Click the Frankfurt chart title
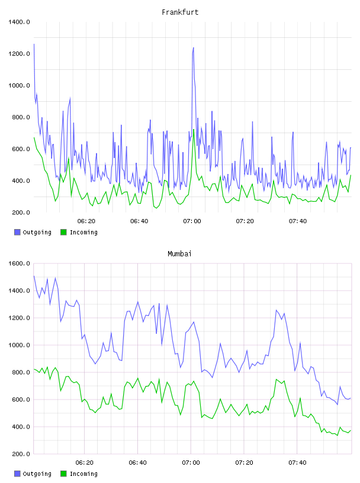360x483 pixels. click(180, 12)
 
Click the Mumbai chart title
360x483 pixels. click(179, 254)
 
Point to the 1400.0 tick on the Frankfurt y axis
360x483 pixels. click(19, 22)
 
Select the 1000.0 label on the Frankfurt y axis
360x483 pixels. click(19, 85)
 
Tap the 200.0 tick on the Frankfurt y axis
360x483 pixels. click(21, 212)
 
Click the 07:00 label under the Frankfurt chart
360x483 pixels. click(192, 221)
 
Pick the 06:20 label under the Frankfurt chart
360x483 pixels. click(86, 221)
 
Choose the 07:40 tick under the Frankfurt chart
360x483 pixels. click(298, 221)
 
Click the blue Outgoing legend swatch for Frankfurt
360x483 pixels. click(17, 232)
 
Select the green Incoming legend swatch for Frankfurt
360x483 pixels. click(63, 232)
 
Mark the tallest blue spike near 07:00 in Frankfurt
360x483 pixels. click(193, 48)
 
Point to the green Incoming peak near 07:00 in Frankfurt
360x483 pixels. click(194, 130)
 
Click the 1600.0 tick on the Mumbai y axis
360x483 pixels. click(19, 263)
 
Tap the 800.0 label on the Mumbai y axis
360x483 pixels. click(21, 372)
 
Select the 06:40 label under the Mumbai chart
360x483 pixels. click(138, 463)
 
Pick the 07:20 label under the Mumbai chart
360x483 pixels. click(244, 463)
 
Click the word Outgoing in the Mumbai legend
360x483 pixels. click(37, 474)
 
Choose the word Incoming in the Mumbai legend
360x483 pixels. click(83, 474)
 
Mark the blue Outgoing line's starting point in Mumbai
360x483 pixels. click(34, 276)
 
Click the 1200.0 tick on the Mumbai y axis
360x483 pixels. click(19, 318)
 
